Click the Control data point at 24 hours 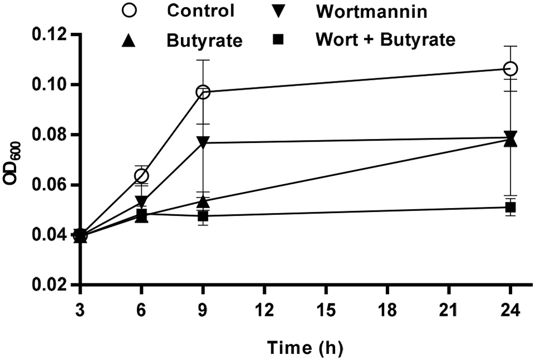tap(510, 69)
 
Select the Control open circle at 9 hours tap(203, 92)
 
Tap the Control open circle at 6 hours tap(142, 176)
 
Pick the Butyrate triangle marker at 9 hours tap(203, 201)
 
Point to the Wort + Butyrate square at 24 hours tap(510, 207)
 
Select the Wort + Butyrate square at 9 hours tap(203, 216)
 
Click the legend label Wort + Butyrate tap(385, 40)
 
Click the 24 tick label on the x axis tap(510, 309)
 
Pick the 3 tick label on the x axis tap(80, 309)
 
